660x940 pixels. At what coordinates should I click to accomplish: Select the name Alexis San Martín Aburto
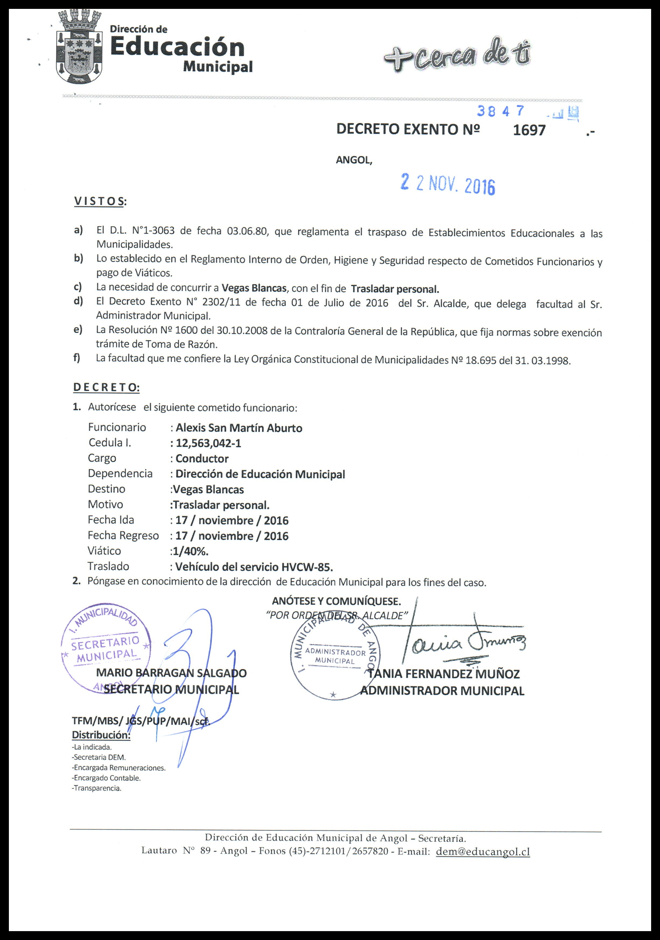tap(239, 428)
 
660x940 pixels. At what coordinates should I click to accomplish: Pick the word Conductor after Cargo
tap(202, 459)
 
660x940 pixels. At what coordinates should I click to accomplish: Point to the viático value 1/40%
tap(190, 551)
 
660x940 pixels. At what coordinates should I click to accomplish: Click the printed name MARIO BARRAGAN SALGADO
tap(171, 673)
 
